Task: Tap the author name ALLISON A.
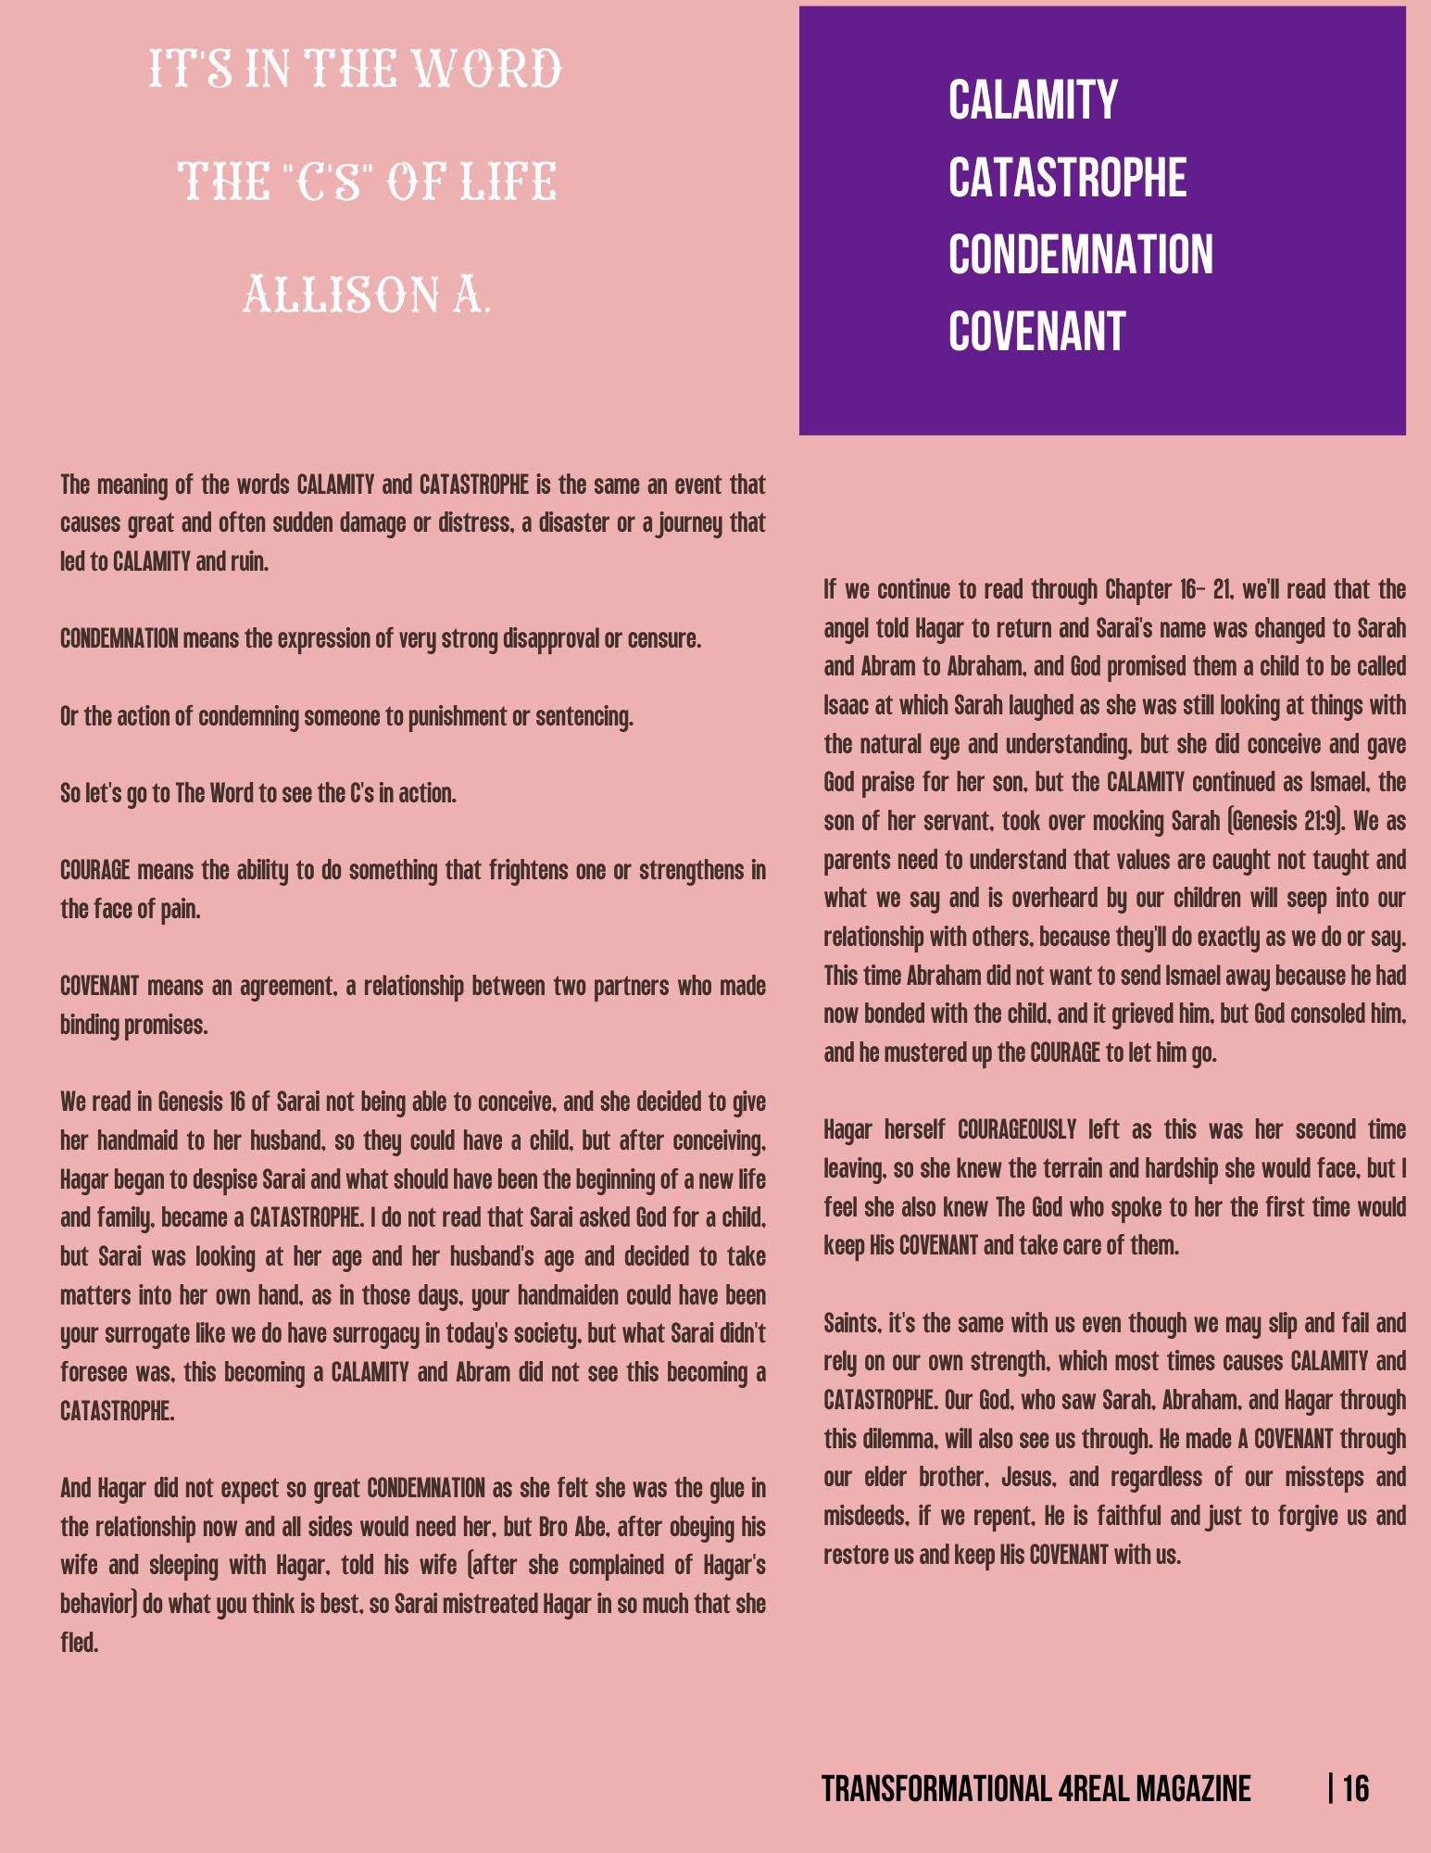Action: [x=367, y=296]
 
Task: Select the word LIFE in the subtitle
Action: [x=508, y=182]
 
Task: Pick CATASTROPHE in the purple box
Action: [x=1067, y=178]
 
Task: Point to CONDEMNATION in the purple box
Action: [x=1080, y=255]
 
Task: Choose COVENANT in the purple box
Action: [x=1036, y=332]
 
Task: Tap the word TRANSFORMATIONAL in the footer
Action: [x=936, y=1789]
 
